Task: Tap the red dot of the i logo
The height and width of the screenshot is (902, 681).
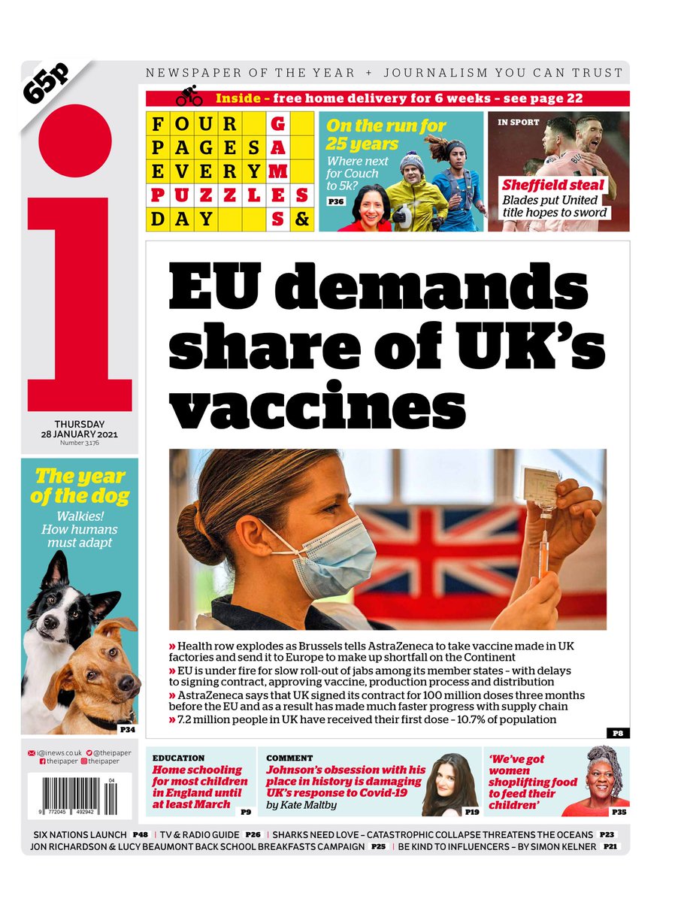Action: pyautogui.click(x=75, y=141)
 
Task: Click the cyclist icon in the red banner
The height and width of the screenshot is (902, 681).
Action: pyautogui.click(x=189, y=98)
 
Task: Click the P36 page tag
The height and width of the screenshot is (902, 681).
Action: pyautogui.click(x=336, y=201)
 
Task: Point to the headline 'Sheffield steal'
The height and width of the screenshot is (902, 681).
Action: pyautogui.click(x=553, y=186)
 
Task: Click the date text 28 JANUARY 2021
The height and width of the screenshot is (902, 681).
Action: pyautogui.click(x=79, y=434)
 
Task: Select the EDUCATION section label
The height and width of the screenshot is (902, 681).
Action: pyautogui.click(x=178, y=758)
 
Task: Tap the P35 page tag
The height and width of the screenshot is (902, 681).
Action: pyautogui.click(x=618, y=812)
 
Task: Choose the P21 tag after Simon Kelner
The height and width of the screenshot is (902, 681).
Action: pyautogui.click(x=609, y=847)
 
